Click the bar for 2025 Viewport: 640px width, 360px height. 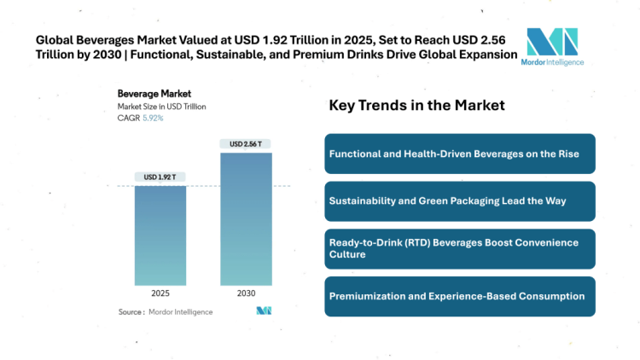pyautogui.click(x=160, y=235)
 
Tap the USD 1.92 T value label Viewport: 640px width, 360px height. pyautogui.click(x=160, y=177)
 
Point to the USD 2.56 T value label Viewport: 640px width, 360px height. pyautogui.click(x=246, y=143)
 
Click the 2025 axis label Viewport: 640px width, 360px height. pyautogui.click(x=160, y=293)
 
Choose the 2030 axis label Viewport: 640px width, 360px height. pyautogui.click(x=246, y=293)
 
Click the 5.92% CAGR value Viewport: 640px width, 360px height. pyautogui.click(x=153, y=118)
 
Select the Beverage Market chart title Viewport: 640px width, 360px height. pyautogui.click(x=154, y=93)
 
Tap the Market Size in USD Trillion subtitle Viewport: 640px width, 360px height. pyautogui.click(x=161, y=106)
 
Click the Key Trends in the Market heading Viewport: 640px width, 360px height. pyautogui.click(x=416, y=105)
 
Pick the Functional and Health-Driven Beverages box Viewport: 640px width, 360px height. pyautogui.click(x=459, y=154)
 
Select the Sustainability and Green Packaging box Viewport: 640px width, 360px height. pyautogui.click(x=459, y=201)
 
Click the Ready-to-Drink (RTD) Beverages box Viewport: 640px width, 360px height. pyautogui.click(x=459, y=248)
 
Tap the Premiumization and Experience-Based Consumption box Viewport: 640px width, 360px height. pyautogui.click(x=459, y=296)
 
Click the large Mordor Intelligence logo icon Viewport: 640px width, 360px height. pyautogui.click(x=551, y=43)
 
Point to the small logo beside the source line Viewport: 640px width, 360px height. pyautogui.click(x=264, y=311)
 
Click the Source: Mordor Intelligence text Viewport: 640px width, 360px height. pyautogui.click(x=166, y=312)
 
